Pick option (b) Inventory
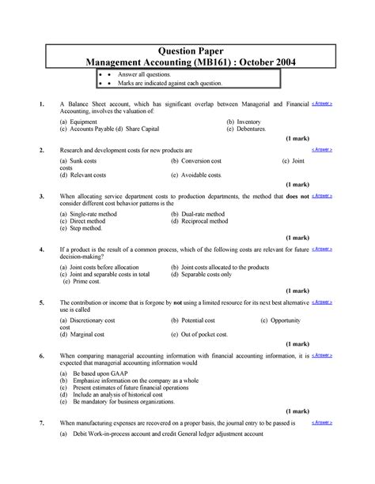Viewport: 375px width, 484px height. point(244,122)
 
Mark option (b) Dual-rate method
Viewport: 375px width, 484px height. point(198,214)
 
